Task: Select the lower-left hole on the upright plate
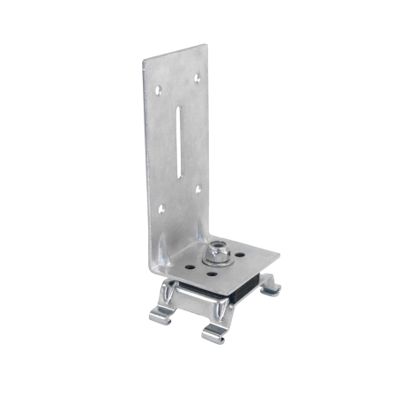(x=160, y=209)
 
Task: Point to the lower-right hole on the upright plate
(x=200, y=189)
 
